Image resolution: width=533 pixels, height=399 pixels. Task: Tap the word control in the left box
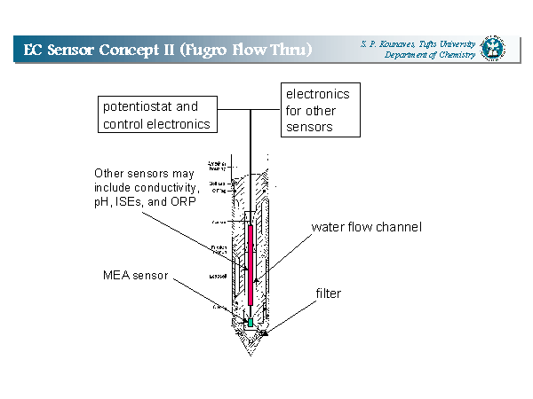pyautogui.click(x=123, y=124)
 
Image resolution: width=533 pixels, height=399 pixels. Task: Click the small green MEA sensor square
pyautogui.click(x=251, y=323)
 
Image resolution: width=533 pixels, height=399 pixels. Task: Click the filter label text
pyautogui.click(x=329, y=293)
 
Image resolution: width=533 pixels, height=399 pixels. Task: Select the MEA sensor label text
pyautogui.click(x=132, y=274)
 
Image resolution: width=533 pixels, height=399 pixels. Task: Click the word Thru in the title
pyautogui.click(x=288, y=49)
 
